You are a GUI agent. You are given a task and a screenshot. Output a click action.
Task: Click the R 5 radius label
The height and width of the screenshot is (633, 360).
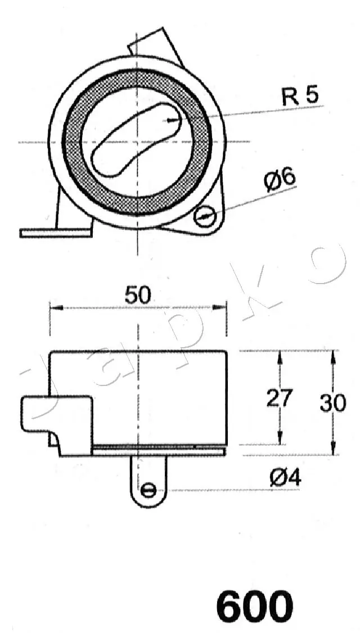click(x=300, y=96)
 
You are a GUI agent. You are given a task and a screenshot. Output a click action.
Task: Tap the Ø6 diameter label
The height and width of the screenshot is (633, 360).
click(x=280, y=180)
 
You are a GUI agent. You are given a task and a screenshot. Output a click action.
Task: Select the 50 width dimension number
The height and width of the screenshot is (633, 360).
click(x=138, y=295)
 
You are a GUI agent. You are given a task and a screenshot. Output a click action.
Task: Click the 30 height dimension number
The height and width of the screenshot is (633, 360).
click(x=332, y=403)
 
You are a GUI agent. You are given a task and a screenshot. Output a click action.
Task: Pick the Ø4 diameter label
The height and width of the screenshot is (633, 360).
click(x=286, y=478)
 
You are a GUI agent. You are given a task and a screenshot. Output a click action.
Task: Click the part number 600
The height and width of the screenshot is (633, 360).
click(x=255, y=607)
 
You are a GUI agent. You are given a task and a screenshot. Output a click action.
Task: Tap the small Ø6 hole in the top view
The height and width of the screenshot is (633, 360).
click(x=204, y=214)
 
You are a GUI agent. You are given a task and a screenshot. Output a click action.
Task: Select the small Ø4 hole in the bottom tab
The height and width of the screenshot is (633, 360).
click(x=148, y=490)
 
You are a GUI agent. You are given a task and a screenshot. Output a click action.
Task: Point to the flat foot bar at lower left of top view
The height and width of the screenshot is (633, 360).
click(x=55, y=232)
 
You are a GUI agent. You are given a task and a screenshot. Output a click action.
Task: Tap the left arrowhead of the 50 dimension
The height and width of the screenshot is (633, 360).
click(x=54, y=307)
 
